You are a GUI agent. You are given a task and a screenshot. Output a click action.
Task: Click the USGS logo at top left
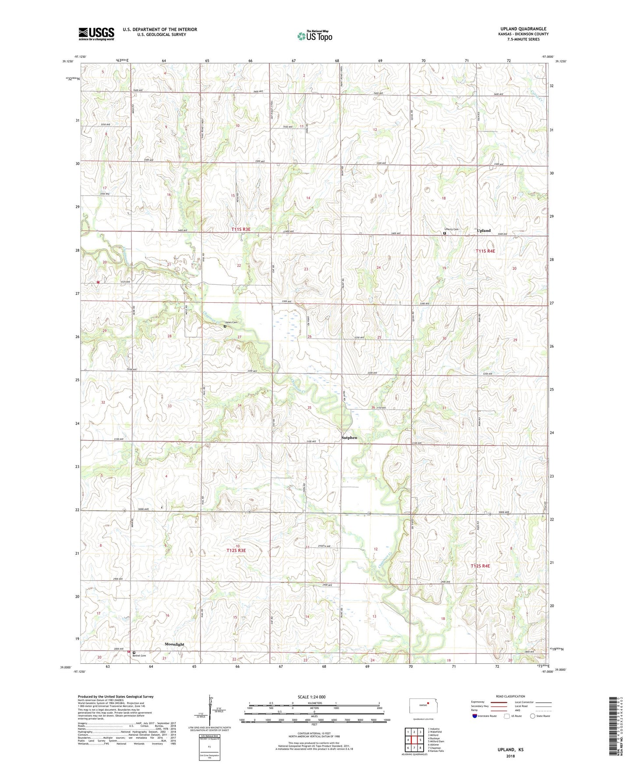(96, 34)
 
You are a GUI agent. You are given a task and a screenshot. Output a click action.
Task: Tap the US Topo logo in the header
(315, 36)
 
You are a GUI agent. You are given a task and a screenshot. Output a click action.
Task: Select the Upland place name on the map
(484, 230)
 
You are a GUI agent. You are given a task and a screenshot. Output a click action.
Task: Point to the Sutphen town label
(349, 438)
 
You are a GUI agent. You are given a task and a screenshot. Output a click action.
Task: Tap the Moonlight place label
(174, 645)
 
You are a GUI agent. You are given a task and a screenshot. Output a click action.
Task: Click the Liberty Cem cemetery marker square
(445, 234)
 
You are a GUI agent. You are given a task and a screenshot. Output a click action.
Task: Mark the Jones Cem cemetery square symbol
(225, 326)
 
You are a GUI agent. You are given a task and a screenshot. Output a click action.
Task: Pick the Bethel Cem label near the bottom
(139, 655)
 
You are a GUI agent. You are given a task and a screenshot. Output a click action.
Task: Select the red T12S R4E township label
(480, 566)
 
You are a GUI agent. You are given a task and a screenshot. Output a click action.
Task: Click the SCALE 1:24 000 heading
(311, 697)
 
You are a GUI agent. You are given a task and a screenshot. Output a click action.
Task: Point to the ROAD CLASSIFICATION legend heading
(510, 696)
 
